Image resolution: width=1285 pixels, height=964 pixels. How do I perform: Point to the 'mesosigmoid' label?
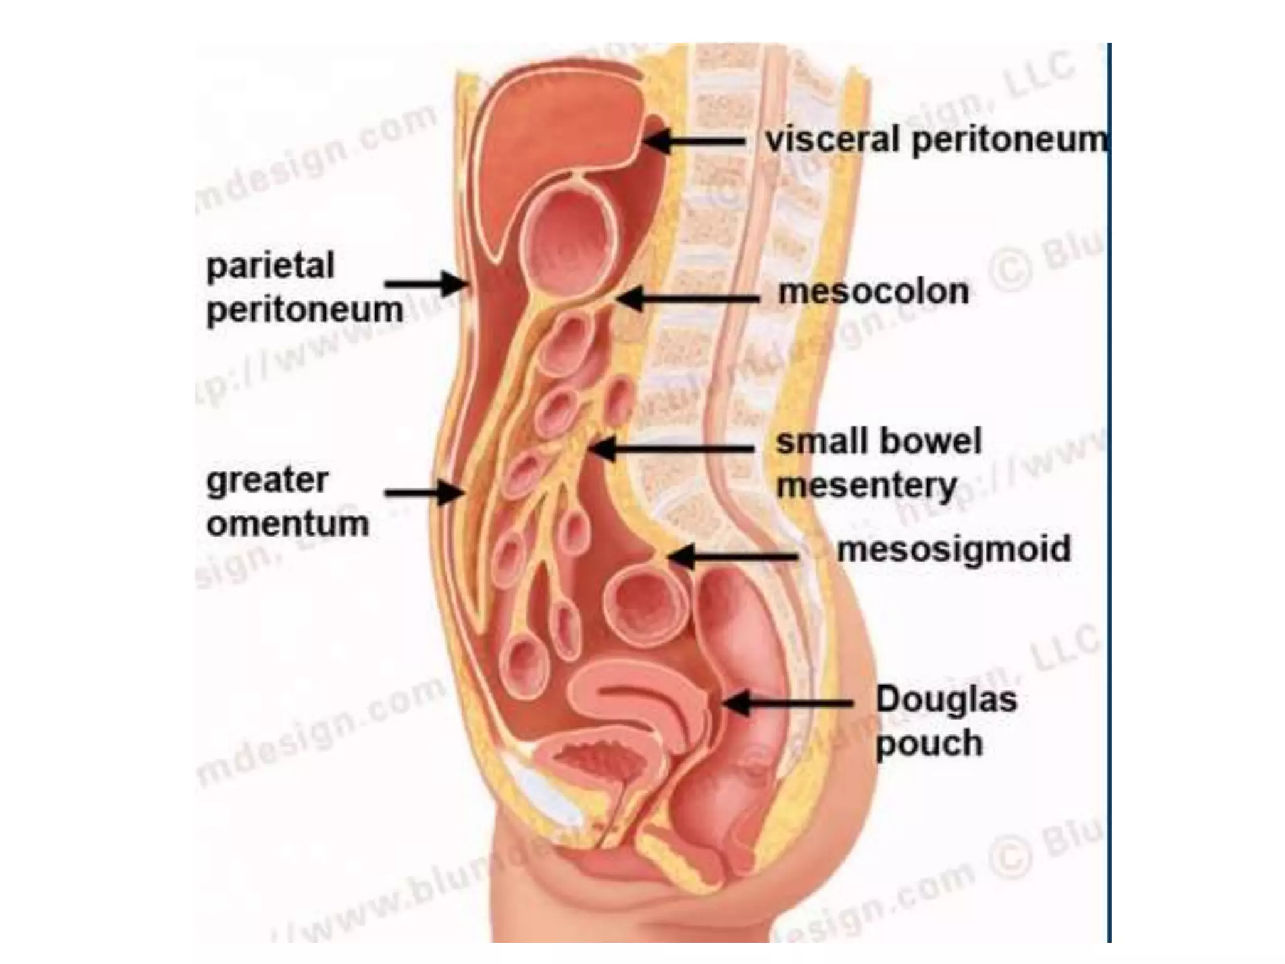click(x=954, y=550)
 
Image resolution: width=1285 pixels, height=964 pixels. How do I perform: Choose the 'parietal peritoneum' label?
click(x=304, y=287)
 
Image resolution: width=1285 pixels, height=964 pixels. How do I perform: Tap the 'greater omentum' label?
click(x=287, y=502)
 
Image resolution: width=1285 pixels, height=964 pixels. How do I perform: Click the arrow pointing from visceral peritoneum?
click(x=693, y=141)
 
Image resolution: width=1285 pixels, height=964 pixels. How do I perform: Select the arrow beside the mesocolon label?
click(x=687, y=299)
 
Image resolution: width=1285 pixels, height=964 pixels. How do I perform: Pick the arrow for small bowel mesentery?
click(x=671, y=449)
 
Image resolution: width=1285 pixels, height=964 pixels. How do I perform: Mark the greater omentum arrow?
click(x=424, y=493)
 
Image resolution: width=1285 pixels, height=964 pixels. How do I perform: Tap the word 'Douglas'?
click(x=946, y=699)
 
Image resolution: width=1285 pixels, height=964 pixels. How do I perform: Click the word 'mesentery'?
click(x=866, y=486)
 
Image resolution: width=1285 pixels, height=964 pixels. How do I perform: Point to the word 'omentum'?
click(x=287, y=523)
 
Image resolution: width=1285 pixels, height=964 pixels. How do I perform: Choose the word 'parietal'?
click(x=270, y=266)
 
